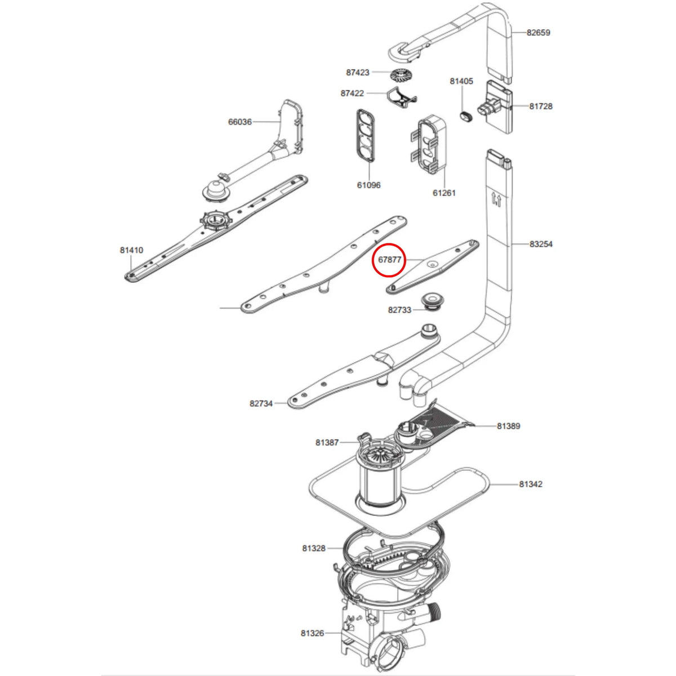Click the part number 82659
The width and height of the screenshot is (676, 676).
point(538,33)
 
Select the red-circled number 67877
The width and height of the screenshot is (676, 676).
point(389,260)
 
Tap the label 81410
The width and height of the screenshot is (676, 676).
point(132,250)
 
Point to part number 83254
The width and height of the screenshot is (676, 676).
point(541,244)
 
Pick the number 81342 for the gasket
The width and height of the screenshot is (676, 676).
point(531,484)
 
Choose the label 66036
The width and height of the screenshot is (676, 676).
point(240,122)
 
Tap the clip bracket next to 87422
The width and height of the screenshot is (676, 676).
point(401,96)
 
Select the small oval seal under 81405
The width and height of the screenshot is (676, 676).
point(466,116)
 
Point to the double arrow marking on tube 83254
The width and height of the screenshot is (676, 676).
point(496,199)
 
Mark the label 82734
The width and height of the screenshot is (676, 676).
point(261,403)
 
